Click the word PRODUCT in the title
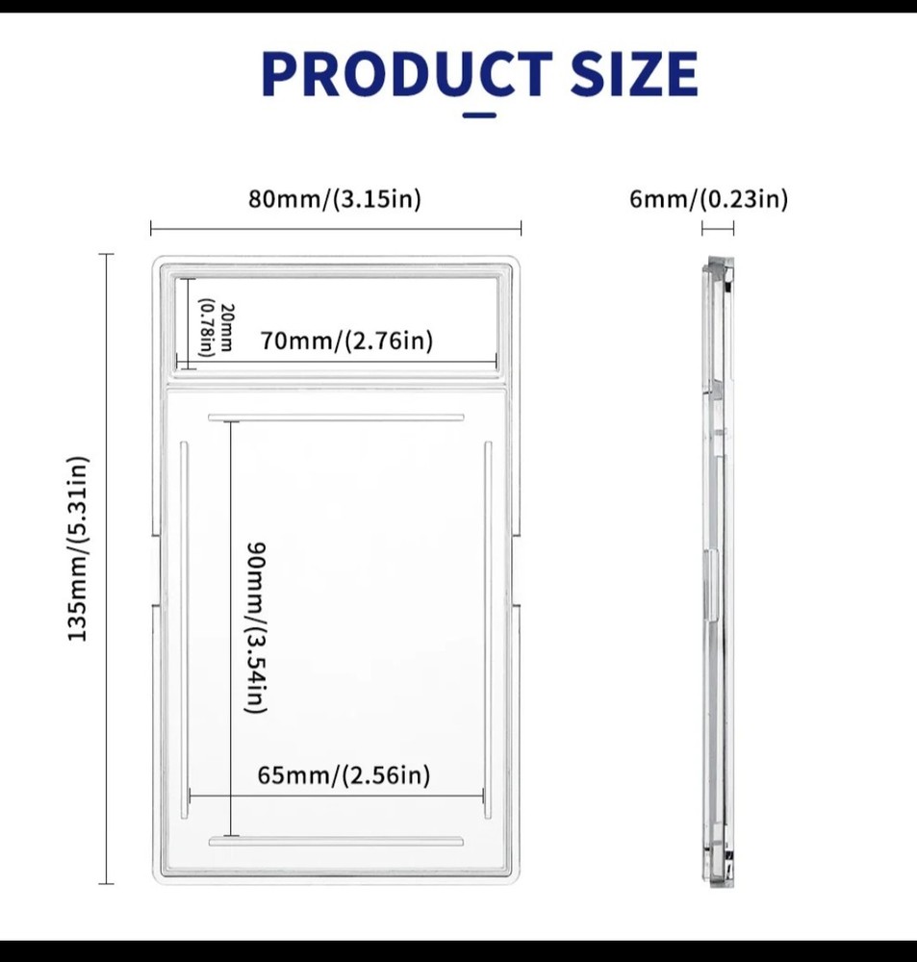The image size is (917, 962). [x=407, y=74]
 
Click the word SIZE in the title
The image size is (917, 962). [x=634, y=74]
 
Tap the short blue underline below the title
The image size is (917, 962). [x=479, y=114]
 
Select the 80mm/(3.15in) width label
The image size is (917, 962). [x=335, y=199]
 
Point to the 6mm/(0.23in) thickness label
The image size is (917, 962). [x=708, y=199]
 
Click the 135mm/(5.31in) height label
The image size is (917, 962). [x=78, y=548]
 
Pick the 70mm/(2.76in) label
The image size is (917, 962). [x=346, y=341]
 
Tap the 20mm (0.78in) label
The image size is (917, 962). [x=217, y=327]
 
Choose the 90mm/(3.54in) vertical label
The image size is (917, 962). [x=257, y=627]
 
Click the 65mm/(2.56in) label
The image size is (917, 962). [x=344, y=775]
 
